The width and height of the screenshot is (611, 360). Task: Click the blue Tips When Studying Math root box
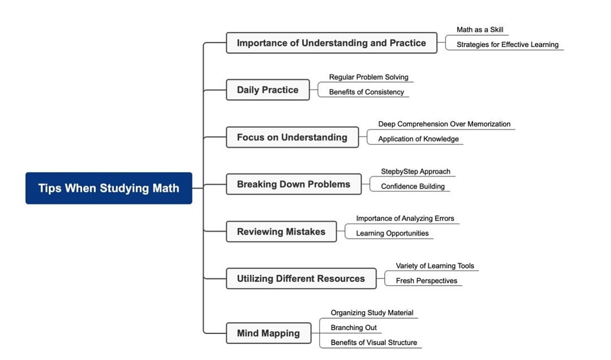(109, 188)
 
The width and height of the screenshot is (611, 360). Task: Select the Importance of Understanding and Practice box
(331, 43)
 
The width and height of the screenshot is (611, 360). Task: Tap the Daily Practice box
(268, 90)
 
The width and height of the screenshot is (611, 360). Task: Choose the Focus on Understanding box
(292, 138)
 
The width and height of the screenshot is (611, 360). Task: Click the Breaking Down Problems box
(293, 185)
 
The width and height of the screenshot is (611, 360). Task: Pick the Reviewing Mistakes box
(281, 232)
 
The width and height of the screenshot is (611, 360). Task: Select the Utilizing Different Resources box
(300, 278)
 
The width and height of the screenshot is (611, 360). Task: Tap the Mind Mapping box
(268, 333)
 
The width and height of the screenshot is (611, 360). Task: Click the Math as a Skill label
(480, 30)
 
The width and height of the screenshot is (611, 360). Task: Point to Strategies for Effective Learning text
(507, 45)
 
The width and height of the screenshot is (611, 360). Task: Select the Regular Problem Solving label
(368, 77)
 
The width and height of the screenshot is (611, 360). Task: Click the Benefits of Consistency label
(366, 92)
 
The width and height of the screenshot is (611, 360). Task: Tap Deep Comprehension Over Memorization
(444, 124)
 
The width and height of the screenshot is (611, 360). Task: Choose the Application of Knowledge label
(418, 139)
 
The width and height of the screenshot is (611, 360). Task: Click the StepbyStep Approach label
(415, 172)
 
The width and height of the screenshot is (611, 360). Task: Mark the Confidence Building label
(412, 186)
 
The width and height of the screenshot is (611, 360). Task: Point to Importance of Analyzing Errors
(405, 218)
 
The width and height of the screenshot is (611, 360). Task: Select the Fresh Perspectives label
(426, 281)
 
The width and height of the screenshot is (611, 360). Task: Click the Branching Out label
(354, 328)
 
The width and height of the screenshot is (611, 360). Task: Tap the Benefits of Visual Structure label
(373, 342)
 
